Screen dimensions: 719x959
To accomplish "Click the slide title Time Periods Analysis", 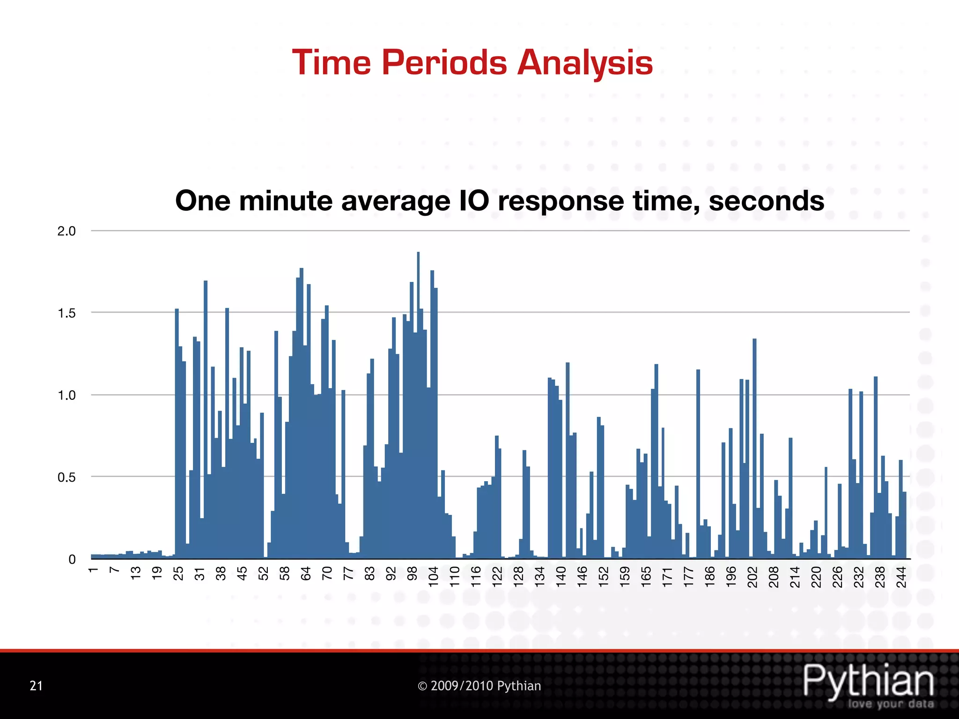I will pos(472,63).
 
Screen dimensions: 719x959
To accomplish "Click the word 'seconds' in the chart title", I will pos(766,201).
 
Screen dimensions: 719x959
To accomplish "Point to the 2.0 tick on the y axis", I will pos(66,231).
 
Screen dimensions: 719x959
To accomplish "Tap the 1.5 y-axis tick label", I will pos(66,313).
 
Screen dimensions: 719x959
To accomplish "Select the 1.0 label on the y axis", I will pos(66,396).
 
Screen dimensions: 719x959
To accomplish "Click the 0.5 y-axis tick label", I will pos(66,477).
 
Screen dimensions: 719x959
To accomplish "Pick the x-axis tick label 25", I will pos(178,573).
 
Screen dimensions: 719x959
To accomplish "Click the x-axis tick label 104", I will pos(433,576).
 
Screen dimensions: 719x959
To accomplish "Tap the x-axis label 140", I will pos(561,576).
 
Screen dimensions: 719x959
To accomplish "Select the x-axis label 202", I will pos(752,576).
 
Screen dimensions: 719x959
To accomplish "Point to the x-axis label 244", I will pos(901,576).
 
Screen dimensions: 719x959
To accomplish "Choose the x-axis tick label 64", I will pos(306,573).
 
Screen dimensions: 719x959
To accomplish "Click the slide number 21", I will pos(36,686).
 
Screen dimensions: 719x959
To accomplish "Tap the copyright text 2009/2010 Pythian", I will pos(479,686).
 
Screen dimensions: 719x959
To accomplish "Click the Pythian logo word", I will pos(869,681).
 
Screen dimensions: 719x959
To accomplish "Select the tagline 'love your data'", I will pos(891,704).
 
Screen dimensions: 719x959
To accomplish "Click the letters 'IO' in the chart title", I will pos(474,201).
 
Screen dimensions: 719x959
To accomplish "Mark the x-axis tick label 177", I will pos(688,576).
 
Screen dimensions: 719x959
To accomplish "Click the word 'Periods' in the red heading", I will pos(444,63).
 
